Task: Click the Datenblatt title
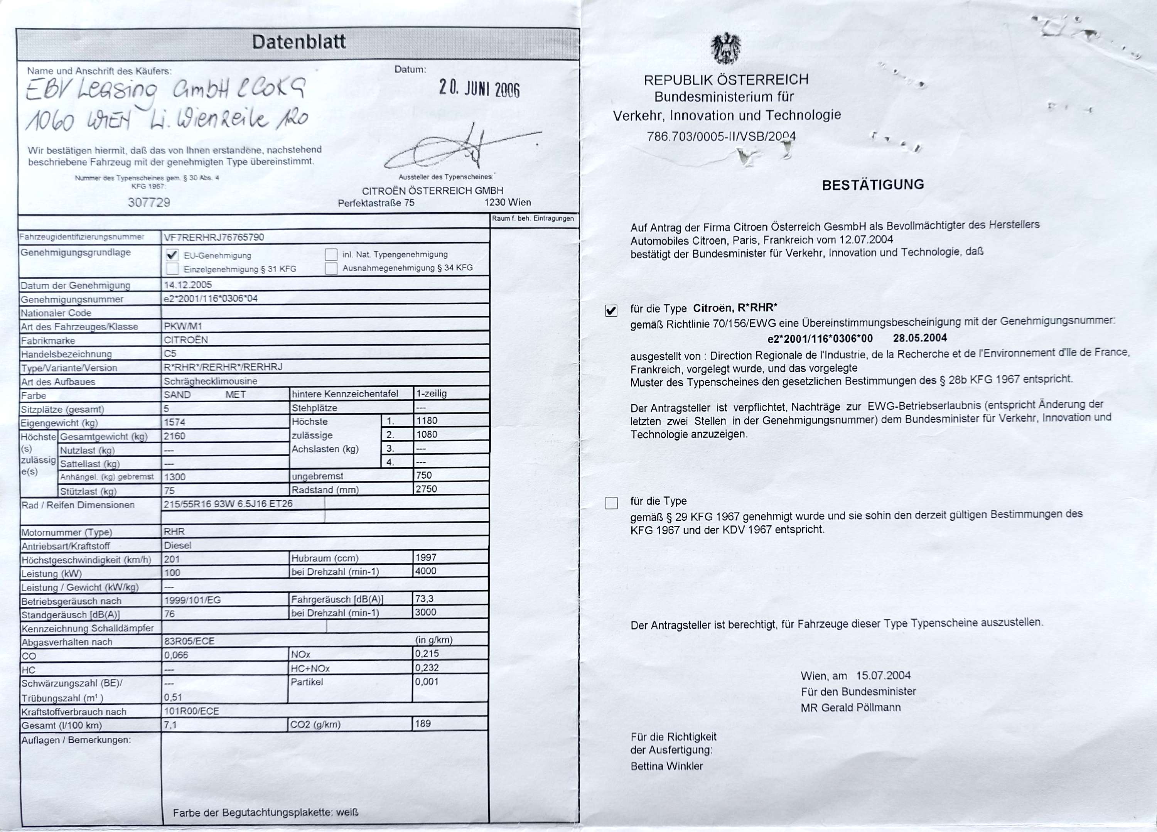tap(299, 42)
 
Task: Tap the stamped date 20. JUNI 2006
tap(479, 89)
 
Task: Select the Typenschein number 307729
tap(149, 203)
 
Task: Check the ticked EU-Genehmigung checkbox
tap(172, 255)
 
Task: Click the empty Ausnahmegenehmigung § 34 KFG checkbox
tap(331, 268)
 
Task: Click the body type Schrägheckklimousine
tap(210, 381)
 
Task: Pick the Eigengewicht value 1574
tap(174, 422)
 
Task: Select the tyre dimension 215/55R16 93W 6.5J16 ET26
tap(228, 503)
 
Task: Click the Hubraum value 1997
tap(426, 557)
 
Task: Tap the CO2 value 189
tap(423, 723)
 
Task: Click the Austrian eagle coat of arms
tap(726, 49)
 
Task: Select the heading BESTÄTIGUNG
tap(873, 185)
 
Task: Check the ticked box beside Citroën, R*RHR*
tap(611, 310)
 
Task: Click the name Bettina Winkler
tap(666, 766)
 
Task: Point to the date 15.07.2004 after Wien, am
tap(883, 675)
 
